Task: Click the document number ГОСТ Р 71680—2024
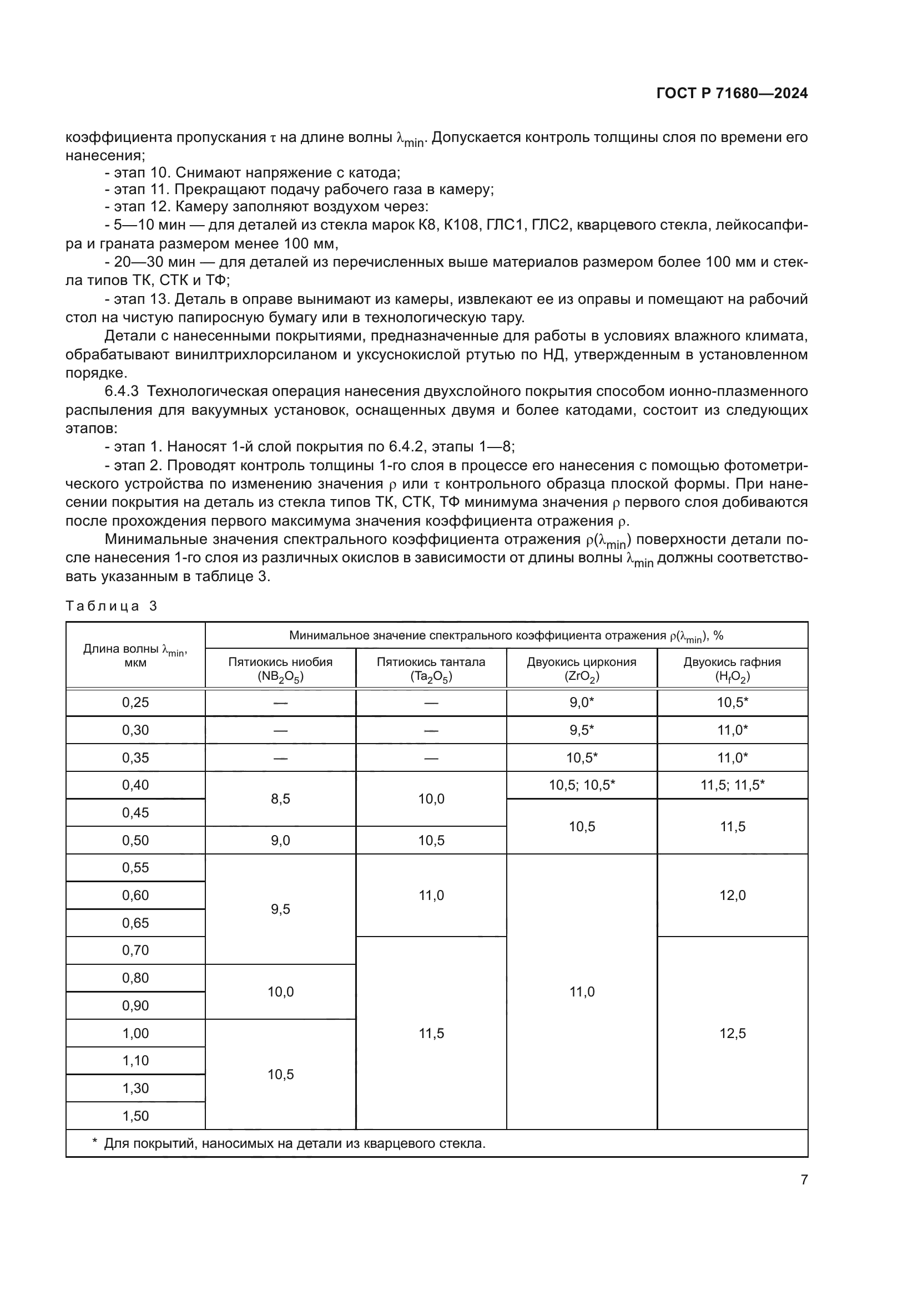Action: tap(732, 93)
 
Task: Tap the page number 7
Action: tap(804, 1179)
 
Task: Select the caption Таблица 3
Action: tap(111, 606)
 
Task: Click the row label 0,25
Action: tap(135, 702)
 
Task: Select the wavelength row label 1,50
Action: tap(135, 1116)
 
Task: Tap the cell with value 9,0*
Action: tap(582, 702)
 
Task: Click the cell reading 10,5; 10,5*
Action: tap(582, 785)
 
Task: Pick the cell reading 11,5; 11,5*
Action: tap(732, 785)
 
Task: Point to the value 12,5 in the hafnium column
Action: tap(732, 1033)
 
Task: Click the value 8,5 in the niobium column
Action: tap(280, 798)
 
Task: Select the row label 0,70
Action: tap(135, 950)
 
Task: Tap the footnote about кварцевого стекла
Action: tap(294, 1143)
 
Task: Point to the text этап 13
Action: tap(138, 299)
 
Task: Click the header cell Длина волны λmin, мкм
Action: tap(135, 655)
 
